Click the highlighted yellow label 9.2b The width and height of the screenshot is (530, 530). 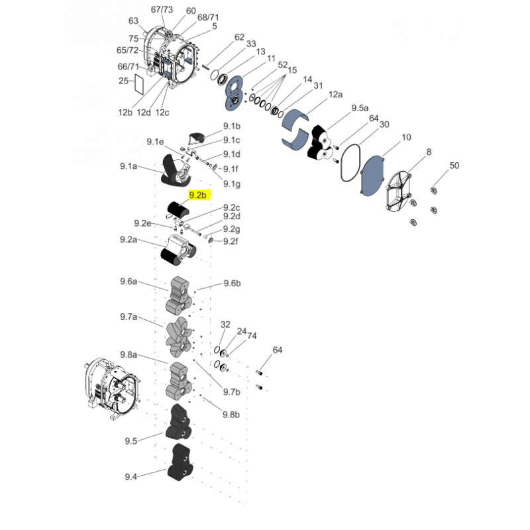click(x=199, y=195)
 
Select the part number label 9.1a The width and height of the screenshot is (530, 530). click(x=130, y=168)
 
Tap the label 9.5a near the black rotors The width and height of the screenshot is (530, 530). click(x=360, y=107)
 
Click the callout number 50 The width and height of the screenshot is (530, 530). click(x=454, y=165)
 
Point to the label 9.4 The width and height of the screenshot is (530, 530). click(x=131, y=476)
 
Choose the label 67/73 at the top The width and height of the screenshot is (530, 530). click(x=161, y=10)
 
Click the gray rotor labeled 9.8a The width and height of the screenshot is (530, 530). click(x=180, y=380)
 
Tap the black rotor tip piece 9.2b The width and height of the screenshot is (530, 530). click(x=177, y=209)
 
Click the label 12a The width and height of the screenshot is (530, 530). click(x=336, y=95)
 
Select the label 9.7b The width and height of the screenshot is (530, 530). click(x=231, y=392)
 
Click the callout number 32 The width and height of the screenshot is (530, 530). click(x=225, y=325)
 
